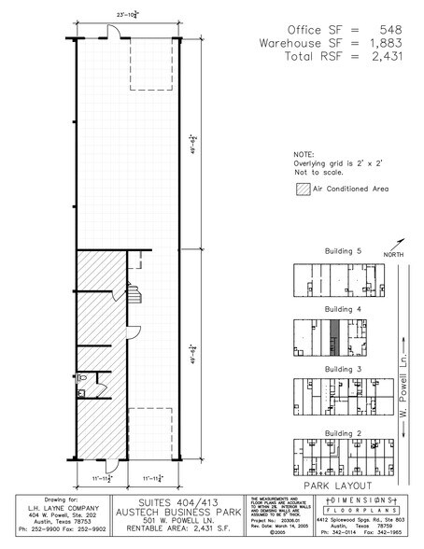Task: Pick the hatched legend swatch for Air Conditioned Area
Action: point(301,188)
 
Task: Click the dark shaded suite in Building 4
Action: point(333,336)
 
